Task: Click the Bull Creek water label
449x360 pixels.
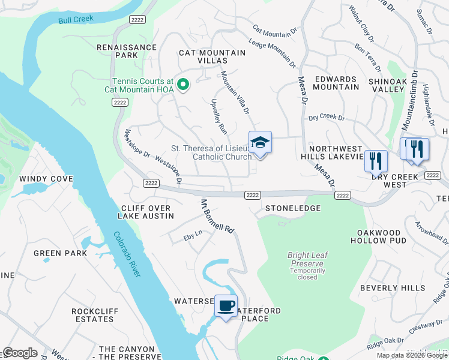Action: point(76,20)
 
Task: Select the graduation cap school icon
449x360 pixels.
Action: point(260,143)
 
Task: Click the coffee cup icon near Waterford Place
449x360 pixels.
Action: point(226,306)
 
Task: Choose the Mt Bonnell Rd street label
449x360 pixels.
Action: point(217,216)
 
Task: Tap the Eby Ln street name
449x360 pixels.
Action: point(193,239)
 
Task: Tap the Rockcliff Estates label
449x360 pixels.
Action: point(92,315)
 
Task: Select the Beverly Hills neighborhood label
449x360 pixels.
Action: point(393,288)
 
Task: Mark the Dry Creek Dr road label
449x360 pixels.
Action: point(327,118)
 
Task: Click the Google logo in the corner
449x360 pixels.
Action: point(20,353)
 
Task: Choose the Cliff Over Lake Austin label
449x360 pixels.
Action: point(144,212)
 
